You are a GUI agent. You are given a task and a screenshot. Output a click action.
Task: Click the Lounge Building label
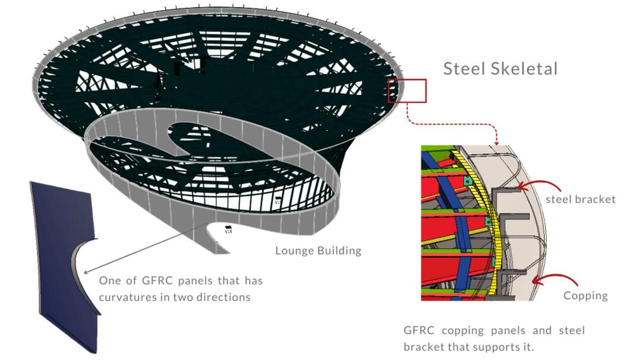coord(318,250)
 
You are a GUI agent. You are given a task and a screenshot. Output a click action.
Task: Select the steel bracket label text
coord(581,199)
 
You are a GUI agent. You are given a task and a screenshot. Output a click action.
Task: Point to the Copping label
coord(586,296)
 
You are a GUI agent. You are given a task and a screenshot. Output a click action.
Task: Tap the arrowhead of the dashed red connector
coord(496,143)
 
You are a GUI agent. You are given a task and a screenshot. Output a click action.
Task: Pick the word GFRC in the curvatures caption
coord(158,280)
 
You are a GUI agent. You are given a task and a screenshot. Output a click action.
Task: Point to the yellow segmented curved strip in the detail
coord(487,221)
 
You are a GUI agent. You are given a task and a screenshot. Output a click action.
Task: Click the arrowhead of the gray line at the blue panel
coord(86,271)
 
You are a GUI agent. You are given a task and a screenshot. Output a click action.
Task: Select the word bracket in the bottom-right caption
coord(424,348)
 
